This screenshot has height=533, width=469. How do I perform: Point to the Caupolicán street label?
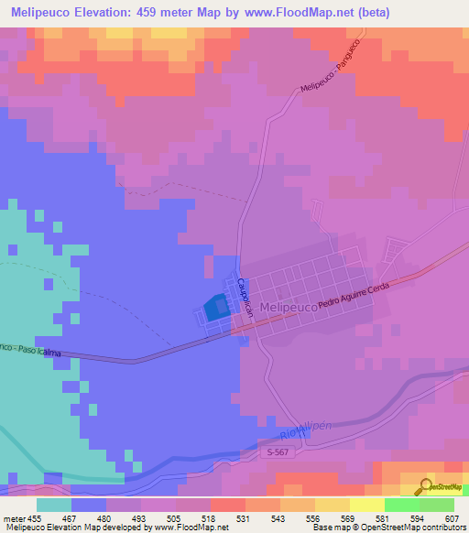tap(244, 298)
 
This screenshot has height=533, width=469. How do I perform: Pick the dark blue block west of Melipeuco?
tap(216, 308)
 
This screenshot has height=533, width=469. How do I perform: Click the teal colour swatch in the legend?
tap(53, 504)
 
